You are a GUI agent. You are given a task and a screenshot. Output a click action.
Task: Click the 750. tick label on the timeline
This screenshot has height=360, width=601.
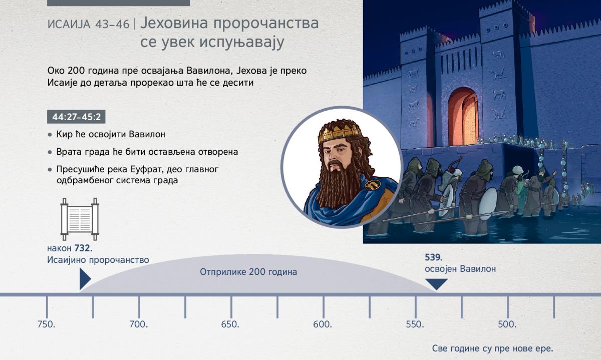coord(47,324)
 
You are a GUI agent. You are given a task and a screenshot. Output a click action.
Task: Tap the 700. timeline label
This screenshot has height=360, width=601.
coord(138,324)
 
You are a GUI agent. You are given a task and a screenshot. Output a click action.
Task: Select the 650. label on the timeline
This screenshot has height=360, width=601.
coord(230,324)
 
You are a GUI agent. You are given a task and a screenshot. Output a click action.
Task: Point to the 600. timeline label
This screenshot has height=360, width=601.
coord(323,324)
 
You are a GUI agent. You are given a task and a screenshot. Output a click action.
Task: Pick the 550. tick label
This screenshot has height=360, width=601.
coord(415,324)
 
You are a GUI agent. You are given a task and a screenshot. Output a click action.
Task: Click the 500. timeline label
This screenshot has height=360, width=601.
coord(507,324)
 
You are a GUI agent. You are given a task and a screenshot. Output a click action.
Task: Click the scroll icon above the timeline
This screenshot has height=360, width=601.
coord(80,219)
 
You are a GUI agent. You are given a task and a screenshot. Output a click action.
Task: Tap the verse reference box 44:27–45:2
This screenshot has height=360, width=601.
coord(76,117)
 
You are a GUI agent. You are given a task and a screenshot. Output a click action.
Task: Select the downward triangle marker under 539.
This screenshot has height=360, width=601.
coord(437,284)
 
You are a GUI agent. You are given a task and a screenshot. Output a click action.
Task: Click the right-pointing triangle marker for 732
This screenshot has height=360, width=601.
coord(85,279)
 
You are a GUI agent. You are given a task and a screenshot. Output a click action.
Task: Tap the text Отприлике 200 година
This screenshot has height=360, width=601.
coord(248,272)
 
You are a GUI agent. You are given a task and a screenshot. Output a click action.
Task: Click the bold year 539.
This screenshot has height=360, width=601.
coord(434,257)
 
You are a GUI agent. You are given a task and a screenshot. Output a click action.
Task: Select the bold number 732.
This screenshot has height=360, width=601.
coord(84,248)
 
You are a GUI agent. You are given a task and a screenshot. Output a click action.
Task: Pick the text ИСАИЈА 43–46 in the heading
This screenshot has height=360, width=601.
coord(89,25)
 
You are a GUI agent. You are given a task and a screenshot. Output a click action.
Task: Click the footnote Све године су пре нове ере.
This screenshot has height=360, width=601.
coord(493,348)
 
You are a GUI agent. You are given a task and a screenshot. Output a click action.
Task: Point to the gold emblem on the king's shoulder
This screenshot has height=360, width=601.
coord(373,185)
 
